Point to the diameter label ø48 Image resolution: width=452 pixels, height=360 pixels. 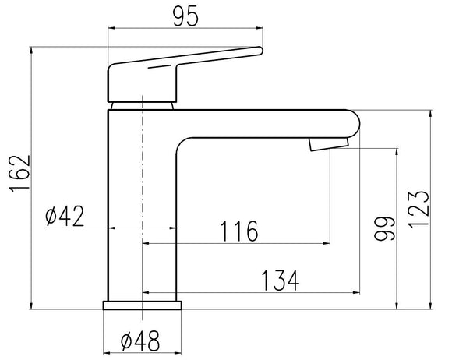click(x=141, y=341)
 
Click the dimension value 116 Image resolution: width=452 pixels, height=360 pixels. click(x=237, y=231)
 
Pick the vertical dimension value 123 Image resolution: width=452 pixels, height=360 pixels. click(x=418, y=208)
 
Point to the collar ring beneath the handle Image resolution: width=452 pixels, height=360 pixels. click(x=143, y=104)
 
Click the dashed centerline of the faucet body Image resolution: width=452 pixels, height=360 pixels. click(x=143, y=195)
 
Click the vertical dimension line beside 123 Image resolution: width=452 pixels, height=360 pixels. click(x=430, y=208)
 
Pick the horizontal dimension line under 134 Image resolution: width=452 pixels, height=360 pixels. click(x=249, y=294)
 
